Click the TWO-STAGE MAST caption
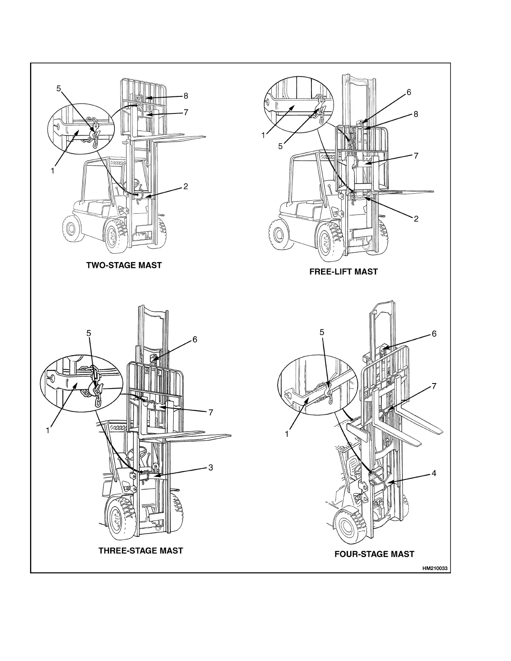pos(124,265)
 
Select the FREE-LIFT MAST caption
pos(343,272)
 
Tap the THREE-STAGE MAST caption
pos(140,550)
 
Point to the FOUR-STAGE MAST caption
pos(374,554)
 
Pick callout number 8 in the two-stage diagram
pos(186,96)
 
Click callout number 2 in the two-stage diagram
pos(186,187)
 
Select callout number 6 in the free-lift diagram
pos(409,92)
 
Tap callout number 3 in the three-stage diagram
pos(211,467)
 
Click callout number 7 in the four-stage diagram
pos(434,386)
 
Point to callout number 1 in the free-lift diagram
pos(263,135)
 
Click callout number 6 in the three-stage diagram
pos(195,339)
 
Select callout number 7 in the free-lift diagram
pos(415,156)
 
